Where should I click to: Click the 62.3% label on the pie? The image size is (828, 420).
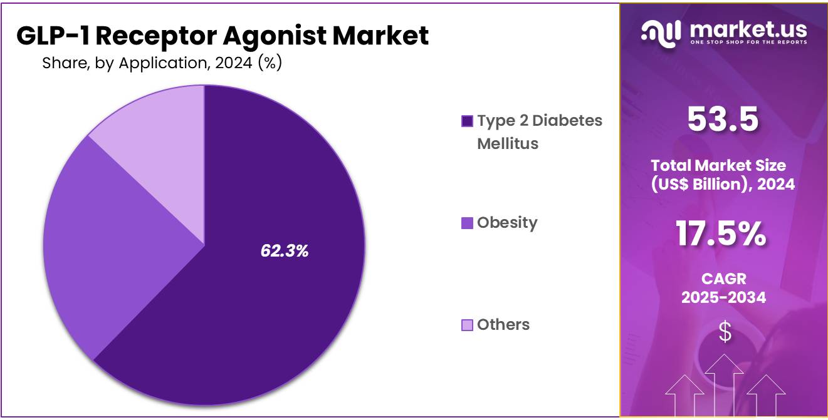284,251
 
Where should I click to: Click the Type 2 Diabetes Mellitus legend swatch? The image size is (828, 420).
467,121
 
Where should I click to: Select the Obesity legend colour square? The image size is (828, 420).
467,223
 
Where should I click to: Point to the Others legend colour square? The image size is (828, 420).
467,325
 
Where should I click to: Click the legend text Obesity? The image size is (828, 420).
506,223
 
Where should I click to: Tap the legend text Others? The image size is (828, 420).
503,325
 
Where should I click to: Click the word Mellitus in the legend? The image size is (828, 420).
507,143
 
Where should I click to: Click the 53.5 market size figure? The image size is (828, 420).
723,119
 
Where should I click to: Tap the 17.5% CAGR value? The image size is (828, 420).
721,233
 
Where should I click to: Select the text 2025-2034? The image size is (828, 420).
723,297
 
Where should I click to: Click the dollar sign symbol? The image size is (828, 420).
725,332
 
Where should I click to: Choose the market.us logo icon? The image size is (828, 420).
661,33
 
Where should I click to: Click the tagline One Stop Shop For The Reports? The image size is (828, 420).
748,42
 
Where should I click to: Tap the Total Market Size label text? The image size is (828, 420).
718,166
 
